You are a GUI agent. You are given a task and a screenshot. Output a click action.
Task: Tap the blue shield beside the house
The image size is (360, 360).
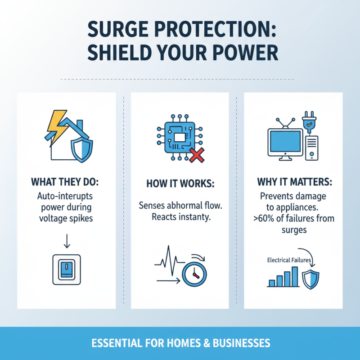click(81, 149)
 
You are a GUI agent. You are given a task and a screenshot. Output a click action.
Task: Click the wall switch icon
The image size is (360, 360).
click(67, 269)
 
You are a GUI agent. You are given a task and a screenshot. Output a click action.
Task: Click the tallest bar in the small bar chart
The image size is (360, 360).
click(295, 276)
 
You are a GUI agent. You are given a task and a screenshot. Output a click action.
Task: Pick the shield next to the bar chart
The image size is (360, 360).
click(310, 279)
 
